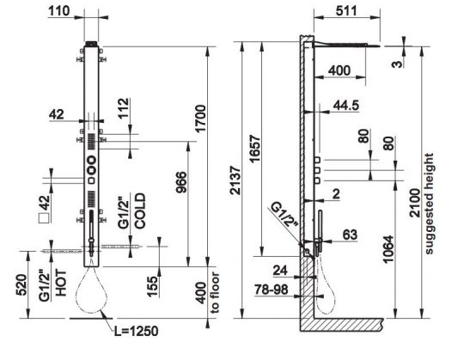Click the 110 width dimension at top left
point(59,11)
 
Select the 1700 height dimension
point(200,119)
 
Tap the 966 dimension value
point(181,182)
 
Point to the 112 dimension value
point(124,107)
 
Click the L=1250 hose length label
point(136,331)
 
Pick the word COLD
point(140,211)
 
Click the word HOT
point(61,283)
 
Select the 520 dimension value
point(22,285)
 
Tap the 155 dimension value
point(153,286)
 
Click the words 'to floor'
point(215,292)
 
